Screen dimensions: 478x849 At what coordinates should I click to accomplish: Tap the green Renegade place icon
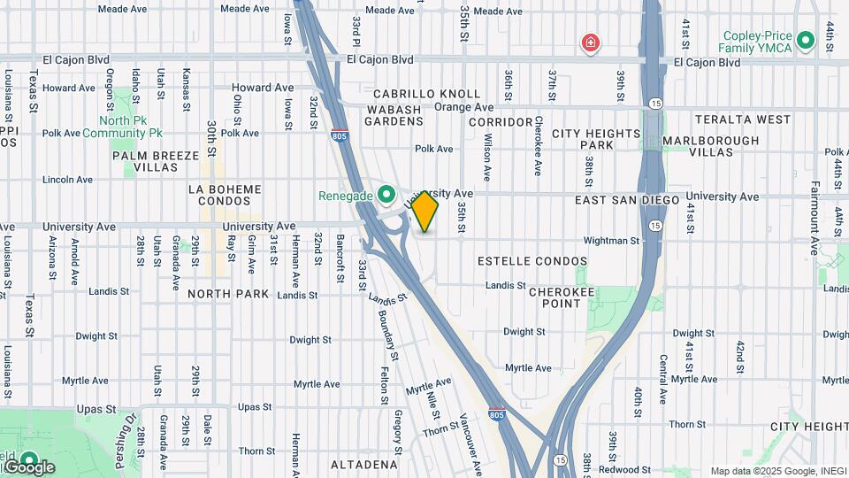coord(386,194)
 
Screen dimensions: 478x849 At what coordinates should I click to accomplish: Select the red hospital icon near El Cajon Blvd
coord(589,42)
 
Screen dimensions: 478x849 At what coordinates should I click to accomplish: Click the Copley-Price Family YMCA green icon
coord(805,40)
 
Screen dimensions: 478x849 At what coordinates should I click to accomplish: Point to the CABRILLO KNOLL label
coord(427,94)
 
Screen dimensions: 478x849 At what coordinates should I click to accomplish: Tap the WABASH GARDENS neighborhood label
coord(394,115)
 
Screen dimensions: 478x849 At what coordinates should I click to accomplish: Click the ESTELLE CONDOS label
coord(532,261)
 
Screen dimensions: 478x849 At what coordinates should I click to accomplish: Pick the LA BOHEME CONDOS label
coord(226,195)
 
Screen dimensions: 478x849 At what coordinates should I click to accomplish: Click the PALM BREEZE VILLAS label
coord(157,161)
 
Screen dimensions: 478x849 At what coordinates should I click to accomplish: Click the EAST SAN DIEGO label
coord(627,201)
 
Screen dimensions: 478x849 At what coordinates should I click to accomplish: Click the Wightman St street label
coord(611,241)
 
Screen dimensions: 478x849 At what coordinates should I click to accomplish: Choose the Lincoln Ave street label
coord(67,180)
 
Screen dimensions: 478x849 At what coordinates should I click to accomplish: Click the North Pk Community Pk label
coord(123,127)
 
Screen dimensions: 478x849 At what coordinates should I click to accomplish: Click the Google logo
coord(28,466)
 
